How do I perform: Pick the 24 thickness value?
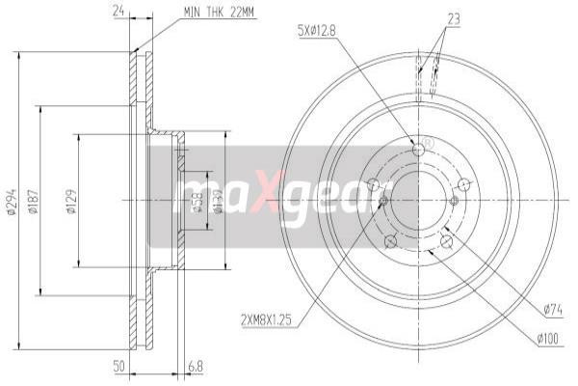(119, 12)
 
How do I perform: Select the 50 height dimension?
(118, 367)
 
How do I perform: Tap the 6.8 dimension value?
(197, 367)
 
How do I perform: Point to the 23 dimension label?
(455, 16)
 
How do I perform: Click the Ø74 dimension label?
(552, 309)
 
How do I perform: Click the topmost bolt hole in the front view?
(419, 149)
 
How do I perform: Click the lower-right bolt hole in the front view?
(448, 241)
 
